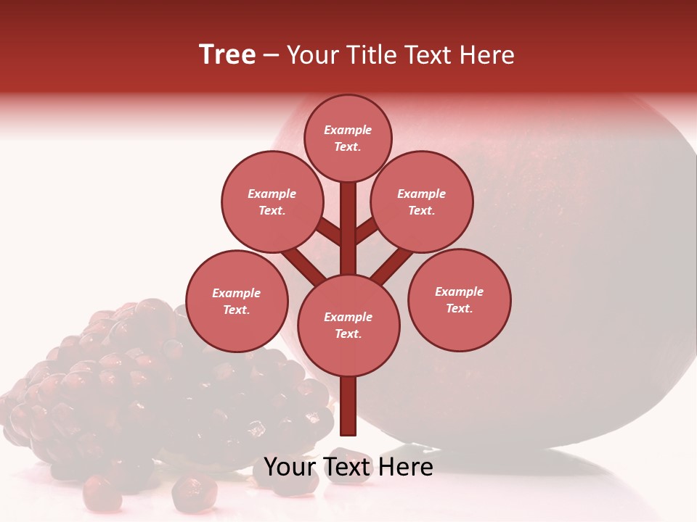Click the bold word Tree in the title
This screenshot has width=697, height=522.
[x=227, y=55]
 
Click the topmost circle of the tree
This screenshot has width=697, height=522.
[x=348, y=138]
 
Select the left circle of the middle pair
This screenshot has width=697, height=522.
[x=272, y=202]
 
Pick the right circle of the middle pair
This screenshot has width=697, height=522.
[x=422, y=202]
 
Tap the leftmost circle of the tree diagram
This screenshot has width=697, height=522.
[x=237, y=301]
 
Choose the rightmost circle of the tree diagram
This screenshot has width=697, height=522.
[x=460, y=299]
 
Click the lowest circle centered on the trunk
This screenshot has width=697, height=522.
[x=348, y=326]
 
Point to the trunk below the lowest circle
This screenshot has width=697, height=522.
[x=348, y=406]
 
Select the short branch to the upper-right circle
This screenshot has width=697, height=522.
[x=367, y=231]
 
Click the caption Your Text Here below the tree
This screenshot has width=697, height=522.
[x=348, y=467]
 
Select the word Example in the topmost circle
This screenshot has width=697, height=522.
[x=348, y=130]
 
